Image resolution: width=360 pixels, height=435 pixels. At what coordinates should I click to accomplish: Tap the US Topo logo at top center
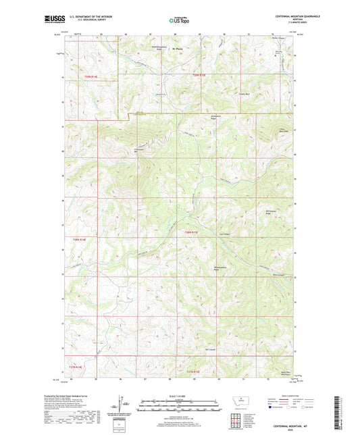180,21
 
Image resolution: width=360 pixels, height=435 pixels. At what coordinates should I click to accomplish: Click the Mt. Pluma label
178,49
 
